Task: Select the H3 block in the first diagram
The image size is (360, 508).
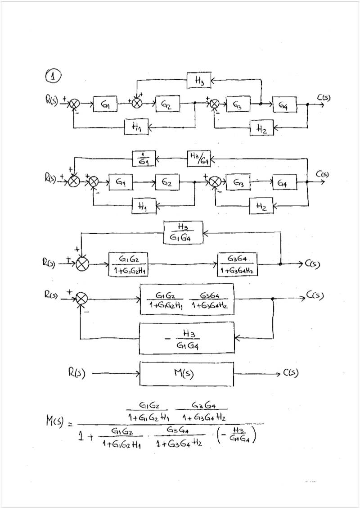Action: [x=199, y=81]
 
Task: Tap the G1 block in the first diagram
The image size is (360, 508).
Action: [x=105, y=104]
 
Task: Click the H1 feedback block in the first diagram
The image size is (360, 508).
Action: [x=136, y=127]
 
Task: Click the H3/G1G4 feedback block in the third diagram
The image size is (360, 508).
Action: [x=183, y=233]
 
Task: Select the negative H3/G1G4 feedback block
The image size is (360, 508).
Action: [x=187, y=338]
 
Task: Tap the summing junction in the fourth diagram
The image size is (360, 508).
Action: [x=81, y=298]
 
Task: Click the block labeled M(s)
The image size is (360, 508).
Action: [x=187, y=373]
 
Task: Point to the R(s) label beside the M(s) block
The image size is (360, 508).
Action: [x=75, y=373]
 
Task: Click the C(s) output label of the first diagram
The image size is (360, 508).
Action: [x=324, y=97]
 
